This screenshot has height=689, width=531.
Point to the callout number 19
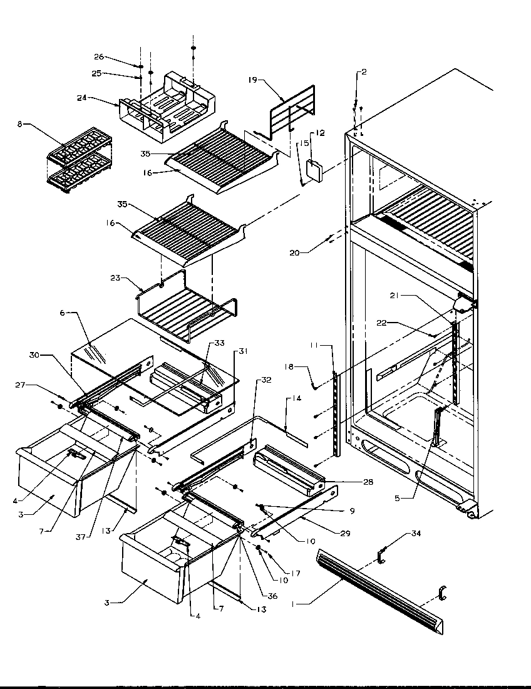(x=252, y=80)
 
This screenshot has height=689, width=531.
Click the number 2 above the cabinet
(x=364, y=72)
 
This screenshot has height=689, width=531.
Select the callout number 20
(x=294, y=253)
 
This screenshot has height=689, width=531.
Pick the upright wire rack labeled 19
(x=287, y=116)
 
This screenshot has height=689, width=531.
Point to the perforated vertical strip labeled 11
(x=338, y=413)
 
